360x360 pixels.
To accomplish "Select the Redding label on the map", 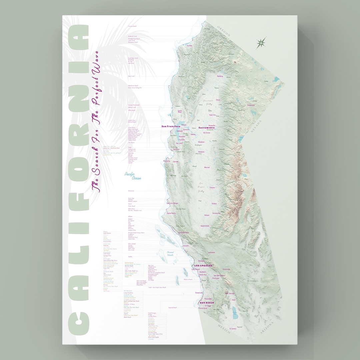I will pyautogui.click(x=220, y=76).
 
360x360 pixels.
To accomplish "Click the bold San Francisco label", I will pyautogui.click(x=171, y=126).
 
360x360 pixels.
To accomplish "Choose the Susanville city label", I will pyautogui.click(x=251, y=105).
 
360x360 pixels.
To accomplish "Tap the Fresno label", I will pyautogui.click(x=212, y=187).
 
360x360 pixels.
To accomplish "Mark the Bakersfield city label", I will pyautogui.click(x=205, y=226).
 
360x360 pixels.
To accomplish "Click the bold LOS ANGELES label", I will pyautogui.click(x=203, y=265).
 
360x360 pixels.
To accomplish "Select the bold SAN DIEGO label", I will pyautogui.click(x=206, y=302).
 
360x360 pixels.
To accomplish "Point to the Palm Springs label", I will pyautogui.click(x=230, y=293).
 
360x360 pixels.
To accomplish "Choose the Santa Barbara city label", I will pyautogui.click(x=184, y=232).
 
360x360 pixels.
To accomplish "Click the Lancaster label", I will pyautogui.click(x=211, y=252).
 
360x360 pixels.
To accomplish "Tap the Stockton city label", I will pyautogui.click(x=201, y=142).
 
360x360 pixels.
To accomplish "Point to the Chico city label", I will pyautogui.click(x=218, y=100).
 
